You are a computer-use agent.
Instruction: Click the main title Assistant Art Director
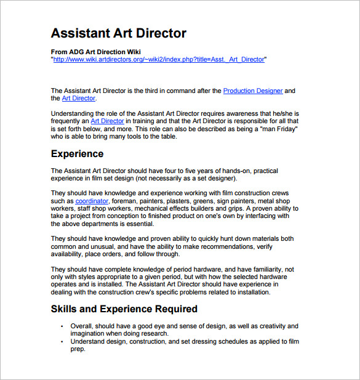(118, 33)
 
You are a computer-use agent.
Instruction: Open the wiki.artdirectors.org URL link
(159, 60)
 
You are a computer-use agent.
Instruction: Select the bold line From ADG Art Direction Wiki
(95, 52)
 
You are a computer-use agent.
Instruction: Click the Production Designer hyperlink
(253, 91)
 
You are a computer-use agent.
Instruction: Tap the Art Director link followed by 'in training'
(107, 121)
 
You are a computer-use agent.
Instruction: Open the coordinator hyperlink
(92, 201)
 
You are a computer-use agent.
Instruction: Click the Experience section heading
(77, 154)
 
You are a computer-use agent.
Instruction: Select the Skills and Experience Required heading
(124, 309)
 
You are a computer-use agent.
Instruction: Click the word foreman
(125, 201)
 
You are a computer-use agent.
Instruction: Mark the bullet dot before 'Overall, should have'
(62, 326)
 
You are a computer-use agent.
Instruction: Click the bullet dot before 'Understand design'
(62, 341)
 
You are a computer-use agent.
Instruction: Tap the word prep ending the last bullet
(78, 348)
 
